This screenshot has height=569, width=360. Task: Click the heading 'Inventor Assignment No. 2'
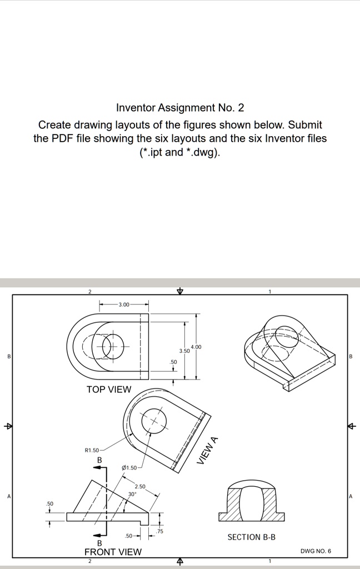pyautogui.click(x=180, y=107)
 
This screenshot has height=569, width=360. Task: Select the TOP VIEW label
pyautogui.click(x=109, y=390)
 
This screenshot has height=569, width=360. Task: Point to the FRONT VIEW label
pyautogui.click(x=113, y=552)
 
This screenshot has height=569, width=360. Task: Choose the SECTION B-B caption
pyautogui.click(x=251, y=537)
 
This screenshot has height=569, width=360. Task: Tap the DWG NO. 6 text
pyautogui.click(x=316, y=551)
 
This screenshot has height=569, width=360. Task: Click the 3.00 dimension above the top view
pyautogui.click(x=124, y=305)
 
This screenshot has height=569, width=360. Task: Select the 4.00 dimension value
pyautogui.click(x=196, y=347)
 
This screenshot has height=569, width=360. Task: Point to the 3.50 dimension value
pyautogui.click(x=183, y=351)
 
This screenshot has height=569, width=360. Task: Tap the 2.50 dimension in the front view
pyautogui.click(x=139, y=487)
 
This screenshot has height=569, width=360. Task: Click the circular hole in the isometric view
pyautogui.click(x=284, y=334)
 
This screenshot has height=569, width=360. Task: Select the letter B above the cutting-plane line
pyautogui.click(x=100, y=460)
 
